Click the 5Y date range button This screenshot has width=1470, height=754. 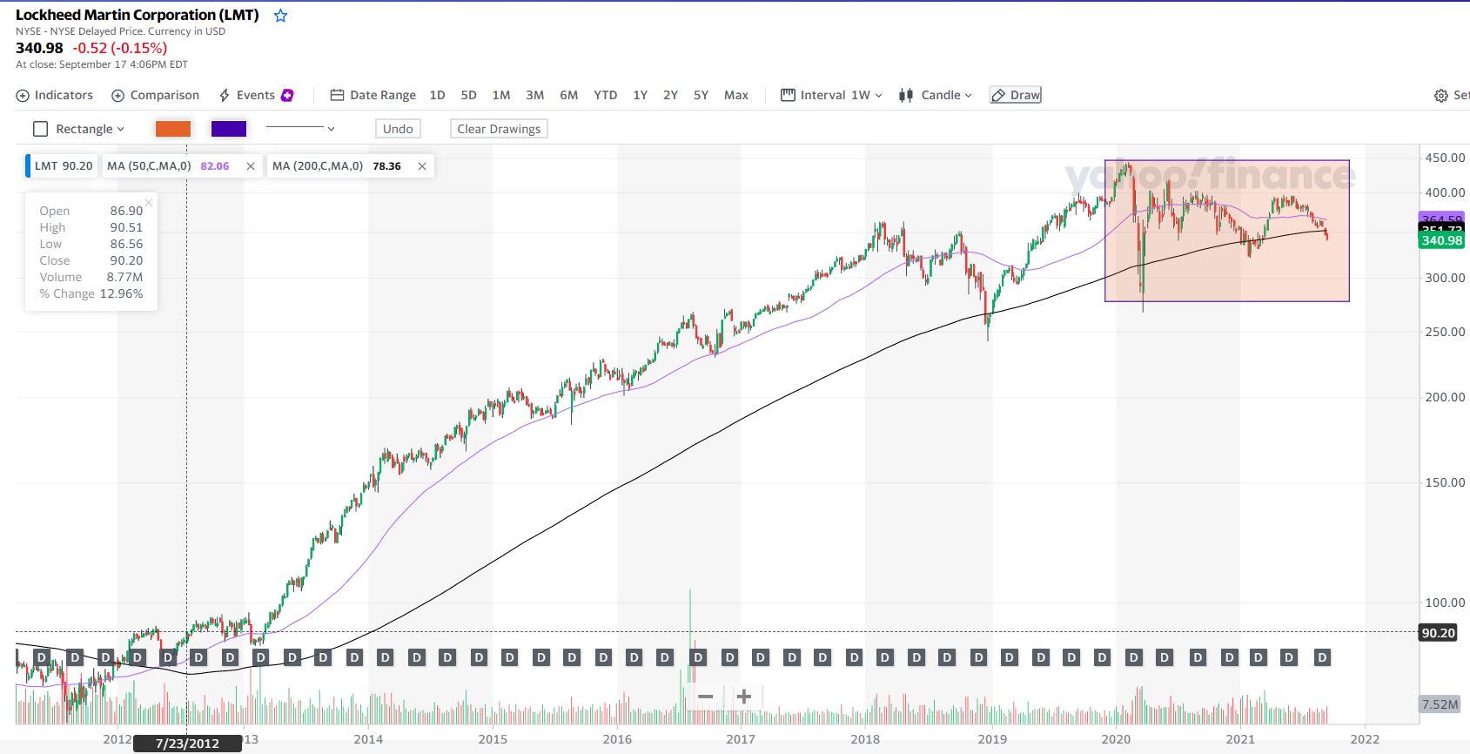[701, 95]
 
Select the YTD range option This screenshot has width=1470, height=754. [605, 95]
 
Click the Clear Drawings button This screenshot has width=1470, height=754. [499, 129]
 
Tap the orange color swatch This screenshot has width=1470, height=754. [172, 129]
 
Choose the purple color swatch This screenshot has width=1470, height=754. [229, 129]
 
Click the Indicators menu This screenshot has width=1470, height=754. [55, 95]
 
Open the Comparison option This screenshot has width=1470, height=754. [156, 95]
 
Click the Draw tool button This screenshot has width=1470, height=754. [1016, 95]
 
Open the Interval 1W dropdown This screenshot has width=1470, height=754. [832, 95]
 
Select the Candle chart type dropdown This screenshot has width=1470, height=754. [936, 95]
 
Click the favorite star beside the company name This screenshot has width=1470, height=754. [280, 16]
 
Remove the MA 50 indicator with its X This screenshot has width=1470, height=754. [251, 166]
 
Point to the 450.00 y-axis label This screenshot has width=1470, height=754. [1445, 158]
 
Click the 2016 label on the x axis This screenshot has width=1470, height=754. [617, 739]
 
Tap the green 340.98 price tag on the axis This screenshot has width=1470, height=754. [1441, 240]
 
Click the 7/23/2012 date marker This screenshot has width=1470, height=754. [187, 744]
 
